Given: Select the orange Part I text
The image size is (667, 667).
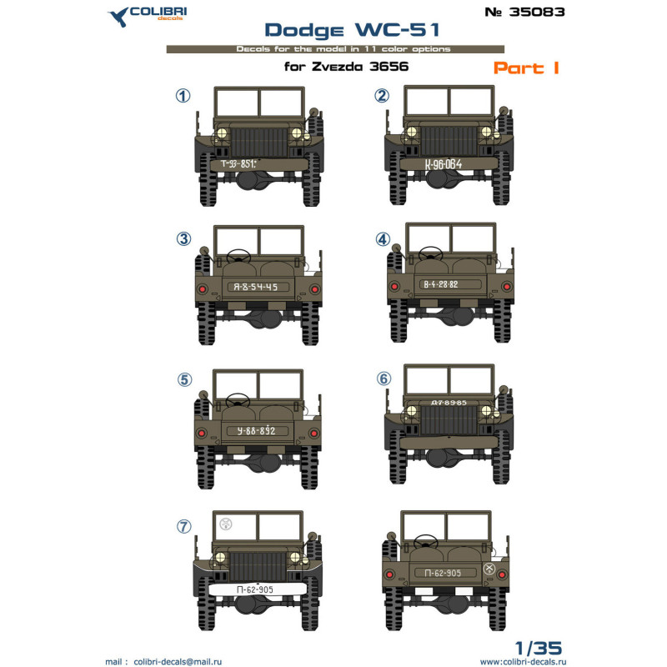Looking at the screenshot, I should [x=525, y=68].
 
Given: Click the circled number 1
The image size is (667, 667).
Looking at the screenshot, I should [x=183, y=96].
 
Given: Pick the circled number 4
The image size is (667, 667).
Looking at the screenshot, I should [x=384, y=238].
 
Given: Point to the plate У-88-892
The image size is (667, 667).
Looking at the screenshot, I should [x=256, y=431].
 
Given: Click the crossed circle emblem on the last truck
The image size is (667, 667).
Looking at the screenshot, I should [x=489, y=569].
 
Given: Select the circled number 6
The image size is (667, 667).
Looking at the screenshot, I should [x=384, y=378].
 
